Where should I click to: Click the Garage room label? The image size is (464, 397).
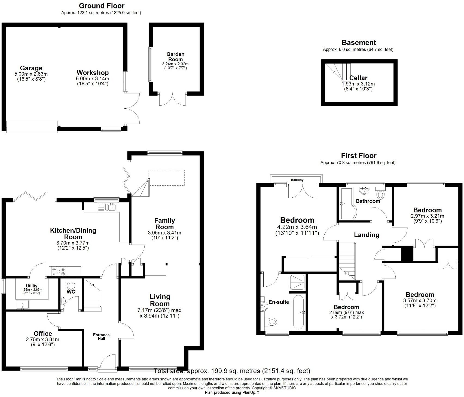click(31, 68)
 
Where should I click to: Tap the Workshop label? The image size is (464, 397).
click(92, 73)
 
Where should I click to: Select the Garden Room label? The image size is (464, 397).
click(175, 57)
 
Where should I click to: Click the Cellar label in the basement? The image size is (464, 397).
click(358, 78)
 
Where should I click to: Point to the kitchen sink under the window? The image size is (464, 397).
click(112, 207)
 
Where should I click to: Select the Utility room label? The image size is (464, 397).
click(32, 286)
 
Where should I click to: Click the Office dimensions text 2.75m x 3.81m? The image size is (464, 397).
click(42, 340)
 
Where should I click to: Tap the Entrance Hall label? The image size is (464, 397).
click(101, 337)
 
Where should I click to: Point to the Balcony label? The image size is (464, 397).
click(297, 180)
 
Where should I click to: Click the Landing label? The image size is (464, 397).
click(367, 235)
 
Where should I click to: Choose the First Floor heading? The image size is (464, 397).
click(359, 156)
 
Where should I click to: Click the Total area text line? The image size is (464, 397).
click(232, 371)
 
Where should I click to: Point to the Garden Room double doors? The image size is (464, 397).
click(172, 100)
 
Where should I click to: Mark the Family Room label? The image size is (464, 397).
click(164, 224)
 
